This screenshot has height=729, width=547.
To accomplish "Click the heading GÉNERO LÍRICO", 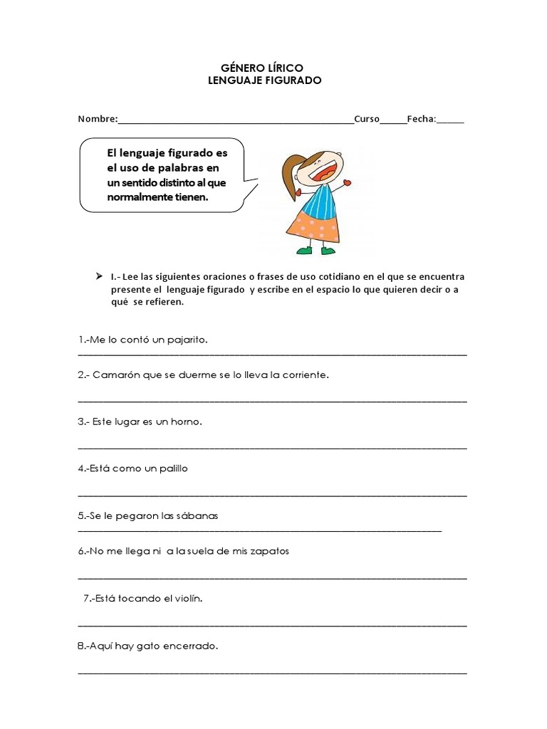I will pos(264,68).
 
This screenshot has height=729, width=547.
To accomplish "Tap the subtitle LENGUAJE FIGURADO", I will pos(264,80).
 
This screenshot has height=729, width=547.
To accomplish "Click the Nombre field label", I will pos(98,119).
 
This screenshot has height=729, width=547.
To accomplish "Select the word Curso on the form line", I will pos(366,119).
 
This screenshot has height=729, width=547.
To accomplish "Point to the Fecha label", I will pos(421,119).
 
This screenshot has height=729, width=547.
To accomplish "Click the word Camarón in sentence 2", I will pos(116,374).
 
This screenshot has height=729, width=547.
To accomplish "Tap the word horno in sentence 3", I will pos(187,421).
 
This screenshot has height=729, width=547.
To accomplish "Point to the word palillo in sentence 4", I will pos(172,468).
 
